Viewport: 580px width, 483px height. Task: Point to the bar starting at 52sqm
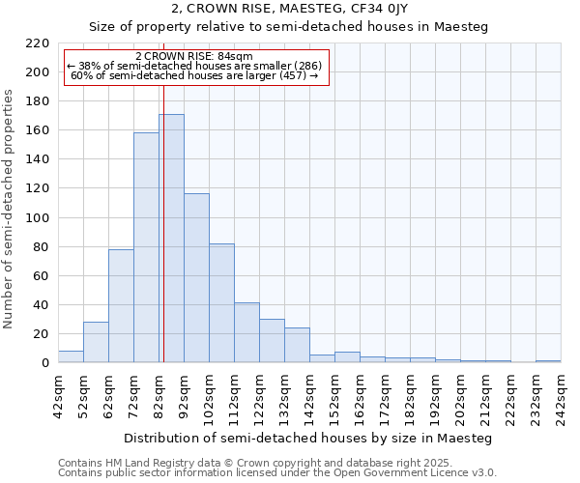(x=96, y=342)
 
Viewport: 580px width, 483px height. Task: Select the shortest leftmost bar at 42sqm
(x=71, y=356)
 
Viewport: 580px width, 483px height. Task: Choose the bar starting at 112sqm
(x=246, y=332)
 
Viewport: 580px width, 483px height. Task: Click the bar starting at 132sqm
(x=297, y=345)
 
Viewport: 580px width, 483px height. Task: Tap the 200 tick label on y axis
(x=38, y=72)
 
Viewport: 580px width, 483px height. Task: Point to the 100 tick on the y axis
(x=38, y=218)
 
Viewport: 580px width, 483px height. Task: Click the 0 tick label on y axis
(x=44, y=363)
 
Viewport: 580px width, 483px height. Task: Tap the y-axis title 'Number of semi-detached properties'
(x=10, y=209)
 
